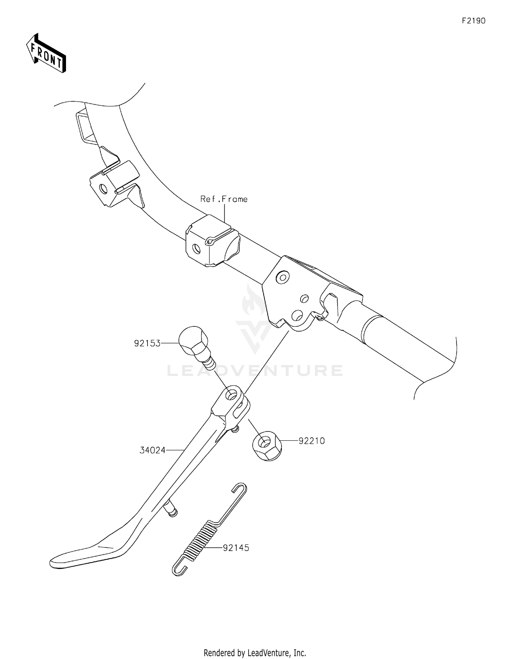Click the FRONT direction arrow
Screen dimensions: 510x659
pyautogui.click(x=46, y=53)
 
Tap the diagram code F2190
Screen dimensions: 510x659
pyautogui.click(x=474, y=21)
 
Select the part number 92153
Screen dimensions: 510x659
pyautogui.click(x=147, y=343)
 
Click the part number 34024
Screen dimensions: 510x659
pyautogui.click(x=153, y=450)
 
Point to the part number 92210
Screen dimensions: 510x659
pyautogui.click(x=312, y=441)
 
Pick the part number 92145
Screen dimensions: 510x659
pyautogui.click(x=236, y=548)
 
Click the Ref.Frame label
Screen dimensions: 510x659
pyautogui.click(x=224, y=199)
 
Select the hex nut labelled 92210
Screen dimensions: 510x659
pyautogui.click(x=267, y=445)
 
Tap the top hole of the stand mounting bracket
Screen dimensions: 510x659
pyautogui.click(x=282, y=277)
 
